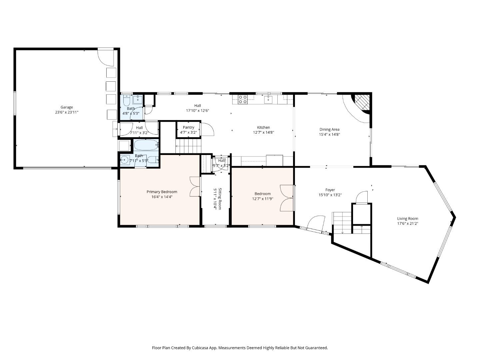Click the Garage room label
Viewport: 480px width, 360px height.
coord(67,107)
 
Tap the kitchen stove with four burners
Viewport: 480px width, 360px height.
coord(242,99)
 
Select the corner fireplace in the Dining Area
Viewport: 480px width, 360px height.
coord(361,102)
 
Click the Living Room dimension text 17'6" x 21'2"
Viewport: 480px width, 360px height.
coord(407,224)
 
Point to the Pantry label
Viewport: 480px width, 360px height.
coord(188,127)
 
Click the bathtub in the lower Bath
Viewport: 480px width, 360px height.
coord(146,145)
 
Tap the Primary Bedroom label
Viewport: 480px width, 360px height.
coord(162,192)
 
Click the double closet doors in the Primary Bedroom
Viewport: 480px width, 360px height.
coord(194,186)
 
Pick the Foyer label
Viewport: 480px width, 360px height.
coord(330,190)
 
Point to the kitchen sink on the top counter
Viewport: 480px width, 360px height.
coord(268,99)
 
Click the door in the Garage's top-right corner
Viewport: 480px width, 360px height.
coord(106,57)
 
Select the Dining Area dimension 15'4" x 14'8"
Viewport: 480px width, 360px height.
coord(329,135)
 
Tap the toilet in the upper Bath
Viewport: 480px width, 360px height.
coord(127,100)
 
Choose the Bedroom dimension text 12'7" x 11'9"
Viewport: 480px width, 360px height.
coord(262,199)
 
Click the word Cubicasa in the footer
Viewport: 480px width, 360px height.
coord(200,348)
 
